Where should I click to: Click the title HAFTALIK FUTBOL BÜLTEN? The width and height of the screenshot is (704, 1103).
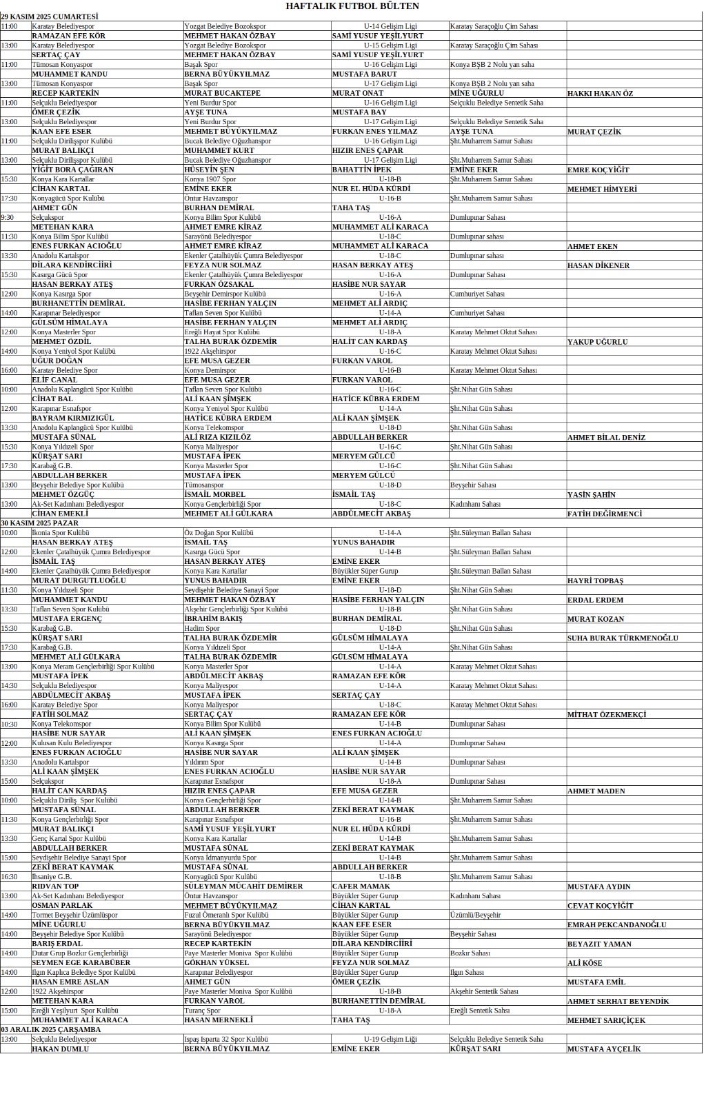tap(352, 6)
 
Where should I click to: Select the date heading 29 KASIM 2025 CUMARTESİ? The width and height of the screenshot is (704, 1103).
tap(50, 17)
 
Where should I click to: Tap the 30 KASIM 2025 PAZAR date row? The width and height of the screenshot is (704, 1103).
tap(40, 523)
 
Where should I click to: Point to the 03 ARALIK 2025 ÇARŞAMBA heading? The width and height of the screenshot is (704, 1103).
tap(51, 1029)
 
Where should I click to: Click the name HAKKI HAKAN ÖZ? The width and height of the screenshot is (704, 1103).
tap(600, 94)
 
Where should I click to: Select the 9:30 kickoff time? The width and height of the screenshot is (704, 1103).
tap(8, 217)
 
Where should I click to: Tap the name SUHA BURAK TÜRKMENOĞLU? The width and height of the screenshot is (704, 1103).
tap(623, 638)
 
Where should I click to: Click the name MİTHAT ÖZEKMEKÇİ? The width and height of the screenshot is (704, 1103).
tap(606, 715)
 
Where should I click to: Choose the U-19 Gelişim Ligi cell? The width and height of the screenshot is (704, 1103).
tap(390, 1039)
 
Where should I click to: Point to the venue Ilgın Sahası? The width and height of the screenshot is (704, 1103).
tap(467, 972)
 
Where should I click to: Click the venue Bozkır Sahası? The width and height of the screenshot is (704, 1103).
tap(470, 953)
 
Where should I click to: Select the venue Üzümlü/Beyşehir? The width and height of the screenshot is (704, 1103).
tap(475, 915)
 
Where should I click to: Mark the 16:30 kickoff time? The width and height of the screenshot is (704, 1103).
tap(9, 877)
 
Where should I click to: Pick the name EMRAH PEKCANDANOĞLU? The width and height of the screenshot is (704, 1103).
tap(616, 925)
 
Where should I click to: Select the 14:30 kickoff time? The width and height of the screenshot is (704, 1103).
tap(9, 686)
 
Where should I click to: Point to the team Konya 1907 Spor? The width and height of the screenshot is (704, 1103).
tap(210, 179)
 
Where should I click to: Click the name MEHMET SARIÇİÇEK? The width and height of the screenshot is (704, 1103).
tap(606, 1020)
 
